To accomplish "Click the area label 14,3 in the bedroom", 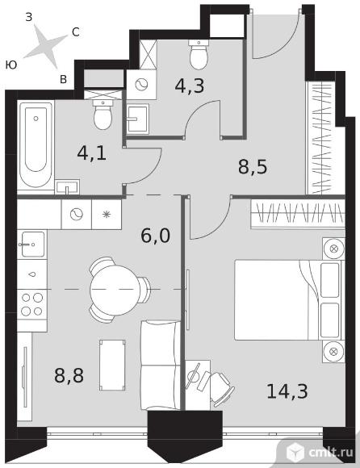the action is click(287, 391).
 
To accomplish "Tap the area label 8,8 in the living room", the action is click(69, 375).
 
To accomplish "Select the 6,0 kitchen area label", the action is click(155, 236).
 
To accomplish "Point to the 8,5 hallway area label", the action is click(253, 166).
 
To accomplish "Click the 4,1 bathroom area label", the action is click(92, 153).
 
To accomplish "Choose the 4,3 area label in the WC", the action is click(190, 86).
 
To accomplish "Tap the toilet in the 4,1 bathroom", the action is click(103, 115).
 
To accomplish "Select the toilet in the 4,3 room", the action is click(199, 55).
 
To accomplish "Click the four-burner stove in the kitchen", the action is click(32, 304).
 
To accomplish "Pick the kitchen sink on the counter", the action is click(32, 244).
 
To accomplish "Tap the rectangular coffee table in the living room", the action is click(112, 365).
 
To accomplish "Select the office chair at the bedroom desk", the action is click(220, 388).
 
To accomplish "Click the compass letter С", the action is click(76, 32).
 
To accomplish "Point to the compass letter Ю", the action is click(11, 65).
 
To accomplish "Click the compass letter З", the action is click(28, 17).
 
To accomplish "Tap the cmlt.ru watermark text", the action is click(331, 453).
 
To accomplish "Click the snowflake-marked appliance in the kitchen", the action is click(107, 215).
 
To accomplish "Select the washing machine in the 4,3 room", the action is click(141, 85).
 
